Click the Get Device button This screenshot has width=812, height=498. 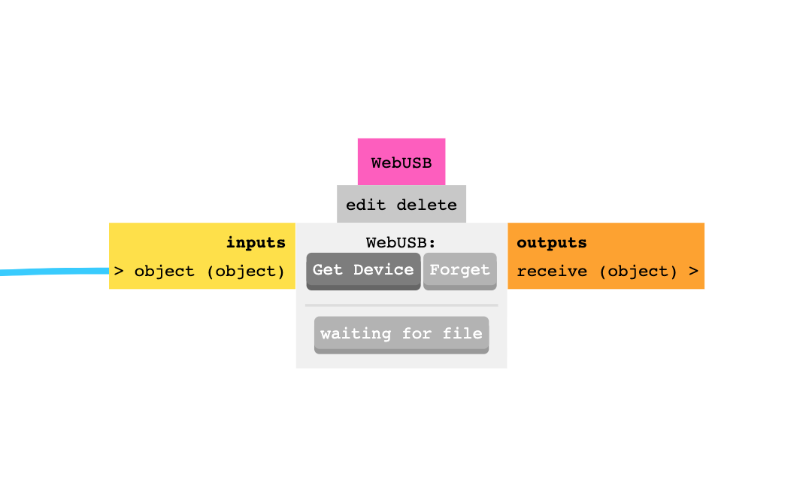tap(363, 271)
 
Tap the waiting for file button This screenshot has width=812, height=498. tap(401, 335)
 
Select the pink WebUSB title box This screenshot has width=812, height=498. tap(401, 162)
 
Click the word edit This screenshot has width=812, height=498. tap(365, 205)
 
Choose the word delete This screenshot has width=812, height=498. tap(427, 205)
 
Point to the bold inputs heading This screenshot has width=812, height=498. tap(256, 242)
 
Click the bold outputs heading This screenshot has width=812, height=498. tap(552, 242)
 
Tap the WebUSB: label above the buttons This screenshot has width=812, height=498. tap(401, 242)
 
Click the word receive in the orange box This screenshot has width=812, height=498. tap(552, 271)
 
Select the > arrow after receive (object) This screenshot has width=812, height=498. tap(693, 271)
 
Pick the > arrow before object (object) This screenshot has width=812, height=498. tap(119, 271)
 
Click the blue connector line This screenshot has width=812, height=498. tap(54, 272)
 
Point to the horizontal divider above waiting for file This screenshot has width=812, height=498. tap(401, 305)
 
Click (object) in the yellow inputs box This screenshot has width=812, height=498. tap(246, 272)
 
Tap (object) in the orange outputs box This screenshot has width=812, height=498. tap(638, 272)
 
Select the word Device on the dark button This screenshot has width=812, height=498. tap(383, 269)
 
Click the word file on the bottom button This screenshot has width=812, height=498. tap(462, 333)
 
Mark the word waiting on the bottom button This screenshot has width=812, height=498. tap(356, 334)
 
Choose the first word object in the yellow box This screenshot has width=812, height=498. tap(164, 272)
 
